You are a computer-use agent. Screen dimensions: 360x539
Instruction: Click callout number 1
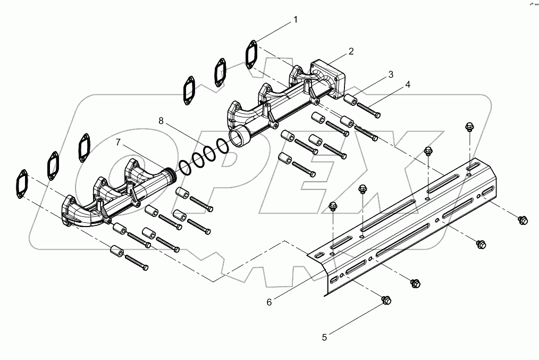coord(296,20)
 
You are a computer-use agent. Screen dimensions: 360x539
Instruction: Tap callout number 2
coord(351,52)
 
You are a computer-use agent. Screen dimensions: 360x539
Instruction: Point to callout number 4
coord(408,85)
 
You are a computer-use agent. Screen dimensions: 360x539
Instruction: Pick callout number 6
coord(269,302)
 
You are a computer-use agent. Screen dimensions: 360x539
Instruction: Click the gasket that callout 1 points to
coord(251,54)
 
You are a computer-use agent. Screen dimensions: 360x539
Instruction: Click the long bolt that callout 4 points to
coord(367,110)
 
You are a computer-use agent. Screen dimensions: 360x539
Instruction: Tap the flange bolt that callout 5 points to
coord(386,301)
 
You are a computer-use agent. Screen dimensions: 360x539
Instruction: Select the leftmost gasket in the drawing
coord(22,184)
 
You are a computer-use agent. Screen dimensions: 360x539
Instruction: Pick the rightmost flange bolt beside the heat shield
coord(522,220)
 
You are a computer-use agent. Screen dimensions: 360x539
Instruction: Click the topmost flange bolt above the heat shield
coord(469,126)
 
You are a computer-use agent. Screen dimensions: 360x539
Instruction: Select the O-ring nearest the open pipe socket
coord(223,146)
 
